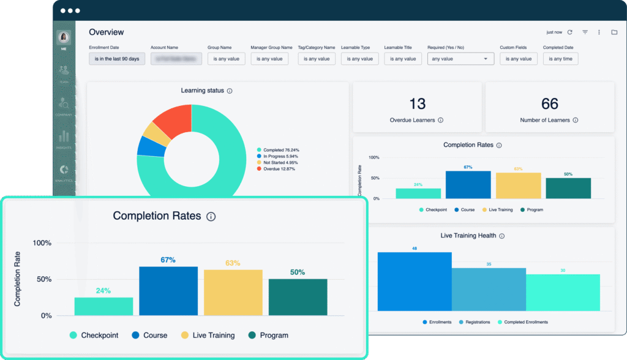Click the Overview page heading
[106, 32]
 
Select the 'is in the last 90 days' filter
[117, 59]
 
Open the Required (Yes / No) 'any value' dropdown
[460, 59]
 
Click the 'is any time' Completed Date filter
[560, 59]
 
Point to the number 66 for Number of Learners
[550, 103]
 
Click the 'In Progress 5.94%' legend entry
[278, 156]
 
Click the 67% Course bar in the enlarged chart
[168, 291]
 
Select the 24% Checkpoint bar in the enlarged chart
[103, 306]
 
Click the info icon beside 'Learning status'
[230, 91]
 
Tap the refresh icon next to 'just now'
[569, 32]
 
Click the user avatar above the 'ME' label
[64, 37]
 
